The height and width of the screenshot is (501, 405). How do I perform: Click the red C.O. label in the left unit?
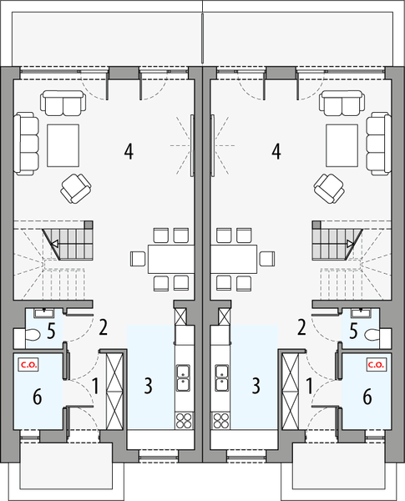(28, 363)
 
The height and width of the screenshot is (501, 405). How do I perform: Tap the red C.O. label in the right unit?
(374, 363)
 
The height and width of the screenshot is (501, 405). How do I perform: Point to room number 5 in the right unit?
(354, 331)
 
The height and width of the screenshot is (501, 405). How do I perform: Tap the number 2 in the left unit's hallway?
(103, 326)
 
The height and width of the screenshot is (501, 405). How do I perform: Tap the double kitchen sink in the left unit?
(181, 377)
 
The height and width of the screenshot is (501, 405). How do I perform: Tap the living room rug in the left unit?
(63, 144)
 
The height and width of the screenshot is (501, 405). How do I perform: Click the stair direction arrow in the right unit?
(349, 244)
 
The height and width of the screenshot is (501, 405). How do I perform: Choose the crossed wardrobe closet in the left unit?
(114, 389)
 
